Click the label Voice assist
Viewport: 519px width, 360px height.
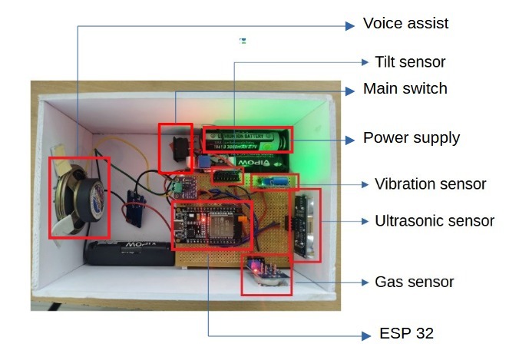[x=405, y=24]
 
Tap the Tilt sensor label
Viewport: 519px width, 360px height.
[x=410, y=62]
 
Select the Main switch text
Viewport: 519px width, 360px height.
[x=405, y=89]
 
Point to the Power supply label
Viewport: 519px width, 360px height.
[x=412, y=138]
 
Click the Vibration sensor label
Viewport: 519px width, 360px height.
[x=430, y=184]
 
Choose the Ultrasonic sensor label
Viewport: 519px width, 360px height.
[x=435, y=221]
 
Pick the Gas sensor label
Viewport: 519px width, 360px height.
[x=414, y=282]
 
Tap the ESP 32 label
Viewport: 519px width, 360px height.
[x=406, y=333]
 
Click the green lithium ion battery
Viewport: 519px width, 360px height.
[x=246, y=140]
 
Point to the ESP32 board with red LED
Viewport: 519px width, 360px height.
[x=211, y=224]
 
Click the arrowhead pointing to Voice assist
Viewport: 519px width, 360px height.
[x=350, y=26]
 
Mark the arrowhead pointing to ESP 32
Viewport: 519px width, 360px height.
[x=366, y=336]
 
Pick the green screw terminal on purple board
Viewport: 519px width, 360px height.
[x=177, y=187]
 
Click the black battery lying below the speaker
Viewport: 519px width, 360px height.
[x=130, y=253]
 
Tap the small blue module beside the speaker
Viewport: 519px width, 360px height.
[x=136, y=209]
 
